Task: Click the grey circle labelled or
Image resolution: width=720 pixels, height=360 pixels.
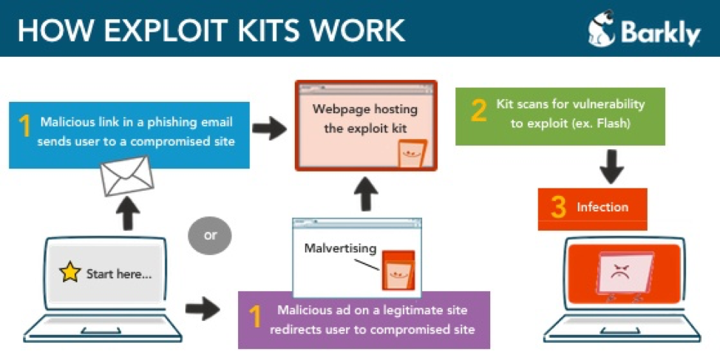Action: tap(211, 236)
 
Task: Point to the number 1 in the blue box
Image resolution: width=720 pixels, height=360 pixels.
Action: tap(24, 125)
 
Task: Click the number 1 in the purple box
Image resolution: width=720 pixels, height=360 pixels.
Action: tap(255, 316)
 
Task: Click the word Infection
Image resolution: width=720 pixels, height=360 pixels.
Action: tap(602, 208)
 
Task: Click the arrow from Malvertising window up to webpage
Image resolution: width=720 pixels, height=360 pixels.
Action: tap(366, 195)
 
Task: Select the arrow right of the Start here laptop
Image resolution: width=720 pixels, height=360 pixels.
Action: tap(202, 308)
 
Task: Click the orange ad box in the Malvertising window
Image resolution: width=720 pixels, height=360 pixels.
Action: tap(398, 270)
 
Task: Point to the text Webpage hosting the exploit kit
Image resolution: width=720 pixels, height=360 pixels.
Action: tap(365, 118)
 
